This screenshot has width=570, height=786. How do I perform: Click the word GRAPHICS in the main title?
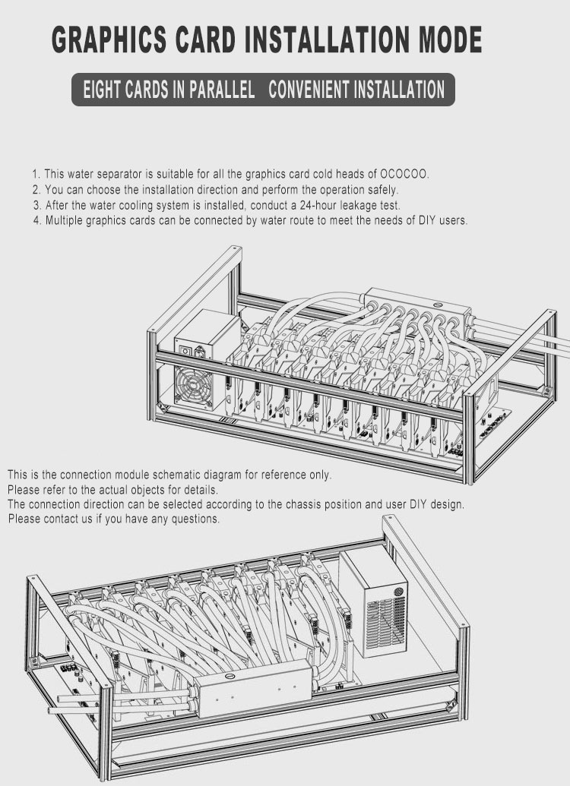point(109,39)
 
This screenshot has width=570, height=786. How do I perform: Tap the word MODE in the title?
point(450,39)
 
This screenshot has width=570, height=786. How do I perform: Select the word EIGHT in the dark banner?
point(100,90)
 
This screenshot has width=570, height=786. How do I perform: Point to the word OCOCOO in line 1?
point(404,174)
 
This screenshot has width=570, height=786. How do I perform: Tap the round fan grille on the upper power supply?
point(194,387)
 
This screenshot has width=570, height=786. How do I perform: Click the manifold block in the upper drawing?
point(417,306)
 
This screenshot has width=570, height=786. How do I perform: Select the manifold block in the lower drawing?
point(253,688)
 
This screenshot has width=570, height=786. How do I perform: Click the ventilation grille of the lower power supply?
point(385,623)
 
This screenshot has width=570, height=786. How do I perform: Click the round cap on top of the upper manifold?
point(436,305)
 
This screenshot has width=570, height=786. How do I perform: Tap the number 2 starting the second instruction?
point(36,190)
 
